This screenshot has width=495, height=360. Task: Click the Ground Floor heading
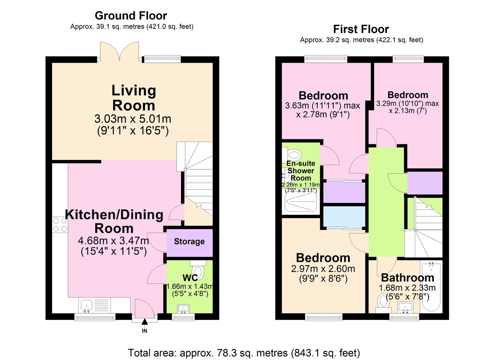(131, 16)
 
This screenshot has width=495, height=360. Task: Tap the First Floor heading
(361, 29)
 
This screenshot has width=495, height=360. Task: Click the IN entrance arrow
(144, 322)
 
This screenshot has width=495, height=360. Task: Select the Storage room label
(189, 241)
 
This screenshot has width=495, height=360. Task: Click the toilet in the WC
(198, 269)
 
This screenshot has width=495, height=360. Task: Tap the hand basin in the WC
(183, 309)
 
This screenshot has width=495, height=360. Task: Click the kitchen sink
(87, 306)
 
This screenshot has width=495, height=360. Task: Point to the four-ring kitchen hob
(60, 225)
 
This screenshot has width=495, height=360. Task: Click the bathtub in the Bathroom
(431, 287)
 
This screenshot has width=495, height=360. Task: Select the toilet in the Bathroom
(383, 304)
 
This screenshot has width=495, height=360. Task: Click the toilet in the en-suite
(292, 155)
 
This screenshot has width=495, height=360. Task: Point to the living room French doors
(120, 52)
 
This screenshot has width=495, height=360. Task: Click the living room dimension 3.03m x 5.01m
(133, 119)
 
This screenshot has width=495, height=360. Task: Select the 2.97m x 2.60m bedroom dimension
(323, 269)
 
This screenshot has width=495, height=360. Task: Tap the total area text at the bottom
(244, 353)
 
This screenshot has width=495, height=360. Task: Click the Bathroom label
(408, 278)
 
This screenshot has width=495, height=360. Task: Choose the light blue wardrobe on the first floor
(344, 216)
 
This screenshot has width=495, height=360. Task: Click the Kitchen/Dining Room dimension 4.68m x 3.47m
(113, 240)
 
